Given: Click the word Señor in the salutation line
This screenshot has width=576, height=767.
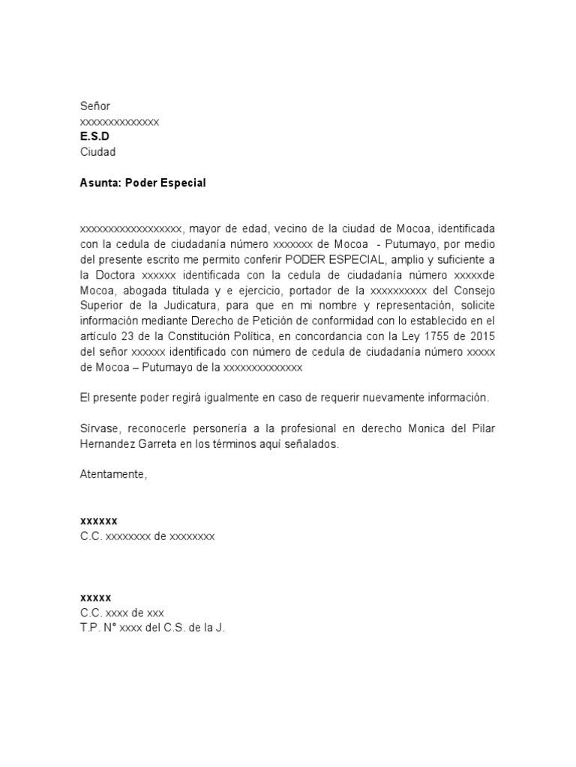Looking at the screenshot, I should click(x=95, y=107).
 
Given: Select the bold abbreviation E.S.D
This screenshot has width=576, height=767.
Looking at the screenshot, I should click(x=94, y=137).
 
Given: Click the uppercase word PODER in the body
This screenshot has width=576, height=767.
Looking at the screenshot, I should click(x=302, y=259).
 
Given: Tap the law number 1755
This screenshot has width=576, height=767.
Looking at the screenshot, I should click(x=439, y=336).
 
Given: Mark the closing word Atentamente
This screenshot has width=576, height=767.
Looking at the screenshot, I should click(x=113, y=474).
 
